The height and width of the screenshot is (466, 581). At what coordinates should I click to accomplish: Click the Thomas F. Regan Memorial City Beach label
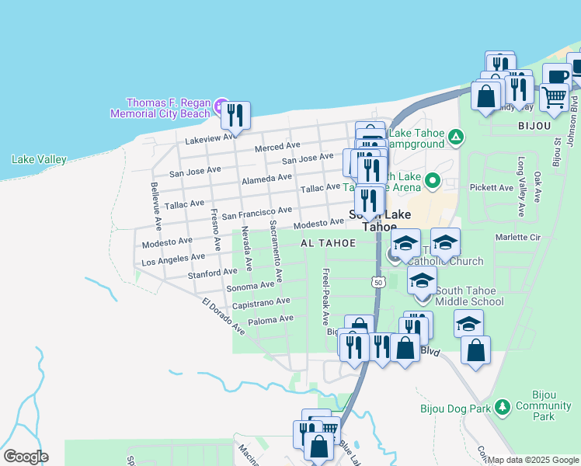point(169,108)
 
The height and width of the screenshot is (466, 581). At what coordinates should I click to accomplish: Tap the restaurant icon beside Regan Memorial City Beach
point(235,114)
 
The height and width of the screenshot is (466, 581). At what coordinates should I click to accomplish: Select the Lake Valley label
point(39,159)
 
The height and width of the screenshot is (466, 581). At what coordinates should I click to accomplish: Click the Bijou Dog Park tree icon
point(503,407)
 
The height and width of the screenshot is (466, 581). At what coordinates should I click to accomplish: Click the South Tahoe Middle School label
point(468,296)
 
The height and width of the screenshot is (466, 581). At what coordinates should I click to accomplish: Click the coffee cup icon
point(556,77)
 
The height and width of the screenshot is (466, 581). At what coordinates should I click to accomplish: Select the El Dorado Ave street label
point(223,318)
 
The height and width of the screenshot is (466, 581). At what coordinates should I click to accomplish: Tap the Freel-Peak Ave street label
point(325,297)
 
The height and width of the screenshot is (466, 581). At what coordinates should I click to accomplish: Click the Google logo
point(25,457)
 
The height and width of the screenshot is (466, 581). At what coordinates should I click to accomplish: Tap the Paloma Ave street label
point(270,318)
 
